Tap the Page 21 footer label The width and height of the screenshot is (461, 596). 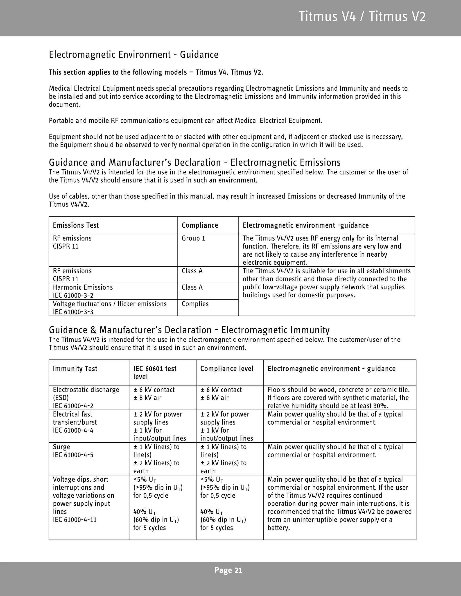coord(228,570)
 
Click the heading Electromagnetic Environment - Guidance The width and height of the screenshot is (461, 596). coord(133,55)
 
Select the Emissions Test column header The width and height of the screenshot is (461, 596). coord(76,225)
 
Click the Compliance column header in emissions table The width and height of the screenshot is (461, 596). coord(200,225)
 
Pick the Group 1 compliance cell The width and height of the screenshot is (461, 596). coord(193,238)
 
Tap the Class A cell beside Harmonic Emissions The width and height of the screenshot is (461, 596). coord(192,287)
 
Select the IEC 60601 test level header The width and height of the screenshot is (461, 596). coord(155,372)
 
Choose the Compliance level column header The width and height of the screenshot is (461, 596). coord(227,369)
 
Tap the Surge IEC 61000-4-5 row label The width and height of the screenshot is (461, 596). coord(73,450)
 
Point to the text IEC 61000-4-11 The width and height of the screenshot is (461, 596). coord(75,520)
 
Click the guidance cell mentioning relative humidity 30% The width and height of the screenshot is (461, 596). coord(338,398)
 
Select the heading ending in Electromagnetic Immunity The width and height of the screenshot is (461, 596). coord(189,330)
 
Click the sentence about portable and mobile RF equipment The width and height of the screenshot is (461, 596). coord(185,121)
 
